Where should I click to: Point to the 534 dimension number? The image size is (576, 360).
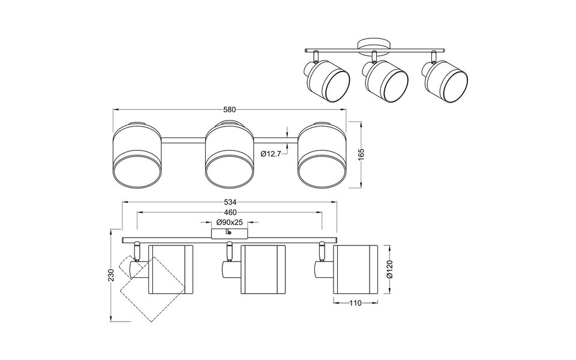pyautogui.click(x=230, y=203)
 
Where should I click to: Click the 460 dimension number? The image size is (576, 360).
pyautogui.click(x=230, y=212)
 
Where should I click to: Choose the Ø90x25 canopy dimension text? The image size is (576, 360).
pyautogui.click(x=230, y=222)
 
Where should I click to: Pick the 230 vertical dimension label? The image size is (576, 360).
pyautogui.click(x=109, y=276)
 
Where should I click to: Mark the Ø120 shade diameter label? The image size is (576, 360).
pyautogui.click(x=389, y=270)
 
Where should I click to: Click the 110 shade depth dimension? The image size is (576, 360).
pyautogui.click(x=355, y=304)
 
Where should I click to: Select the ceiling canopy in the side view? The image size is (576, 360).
pyautogui.click(x=227, y=233)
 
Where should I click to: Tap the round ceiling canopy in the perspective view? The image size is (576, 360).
pyautogui.click(x=373, y=45)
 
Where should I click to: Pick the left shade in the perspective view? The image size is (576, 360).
pyautogui.click(x=328, y=82)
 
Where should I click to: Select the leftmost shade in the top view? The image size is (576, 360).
pyautogui.click(x=137, y=155)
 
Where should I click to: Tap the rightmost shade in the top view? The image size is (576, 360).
pyautogui.click(x=322, y=155)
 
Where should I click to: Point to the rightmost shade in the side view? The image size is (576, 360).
pyautogui.click(x=355, y=270)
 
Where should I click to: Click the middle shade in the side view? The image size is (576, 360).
pyautogui.click(x=262, y=270)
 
